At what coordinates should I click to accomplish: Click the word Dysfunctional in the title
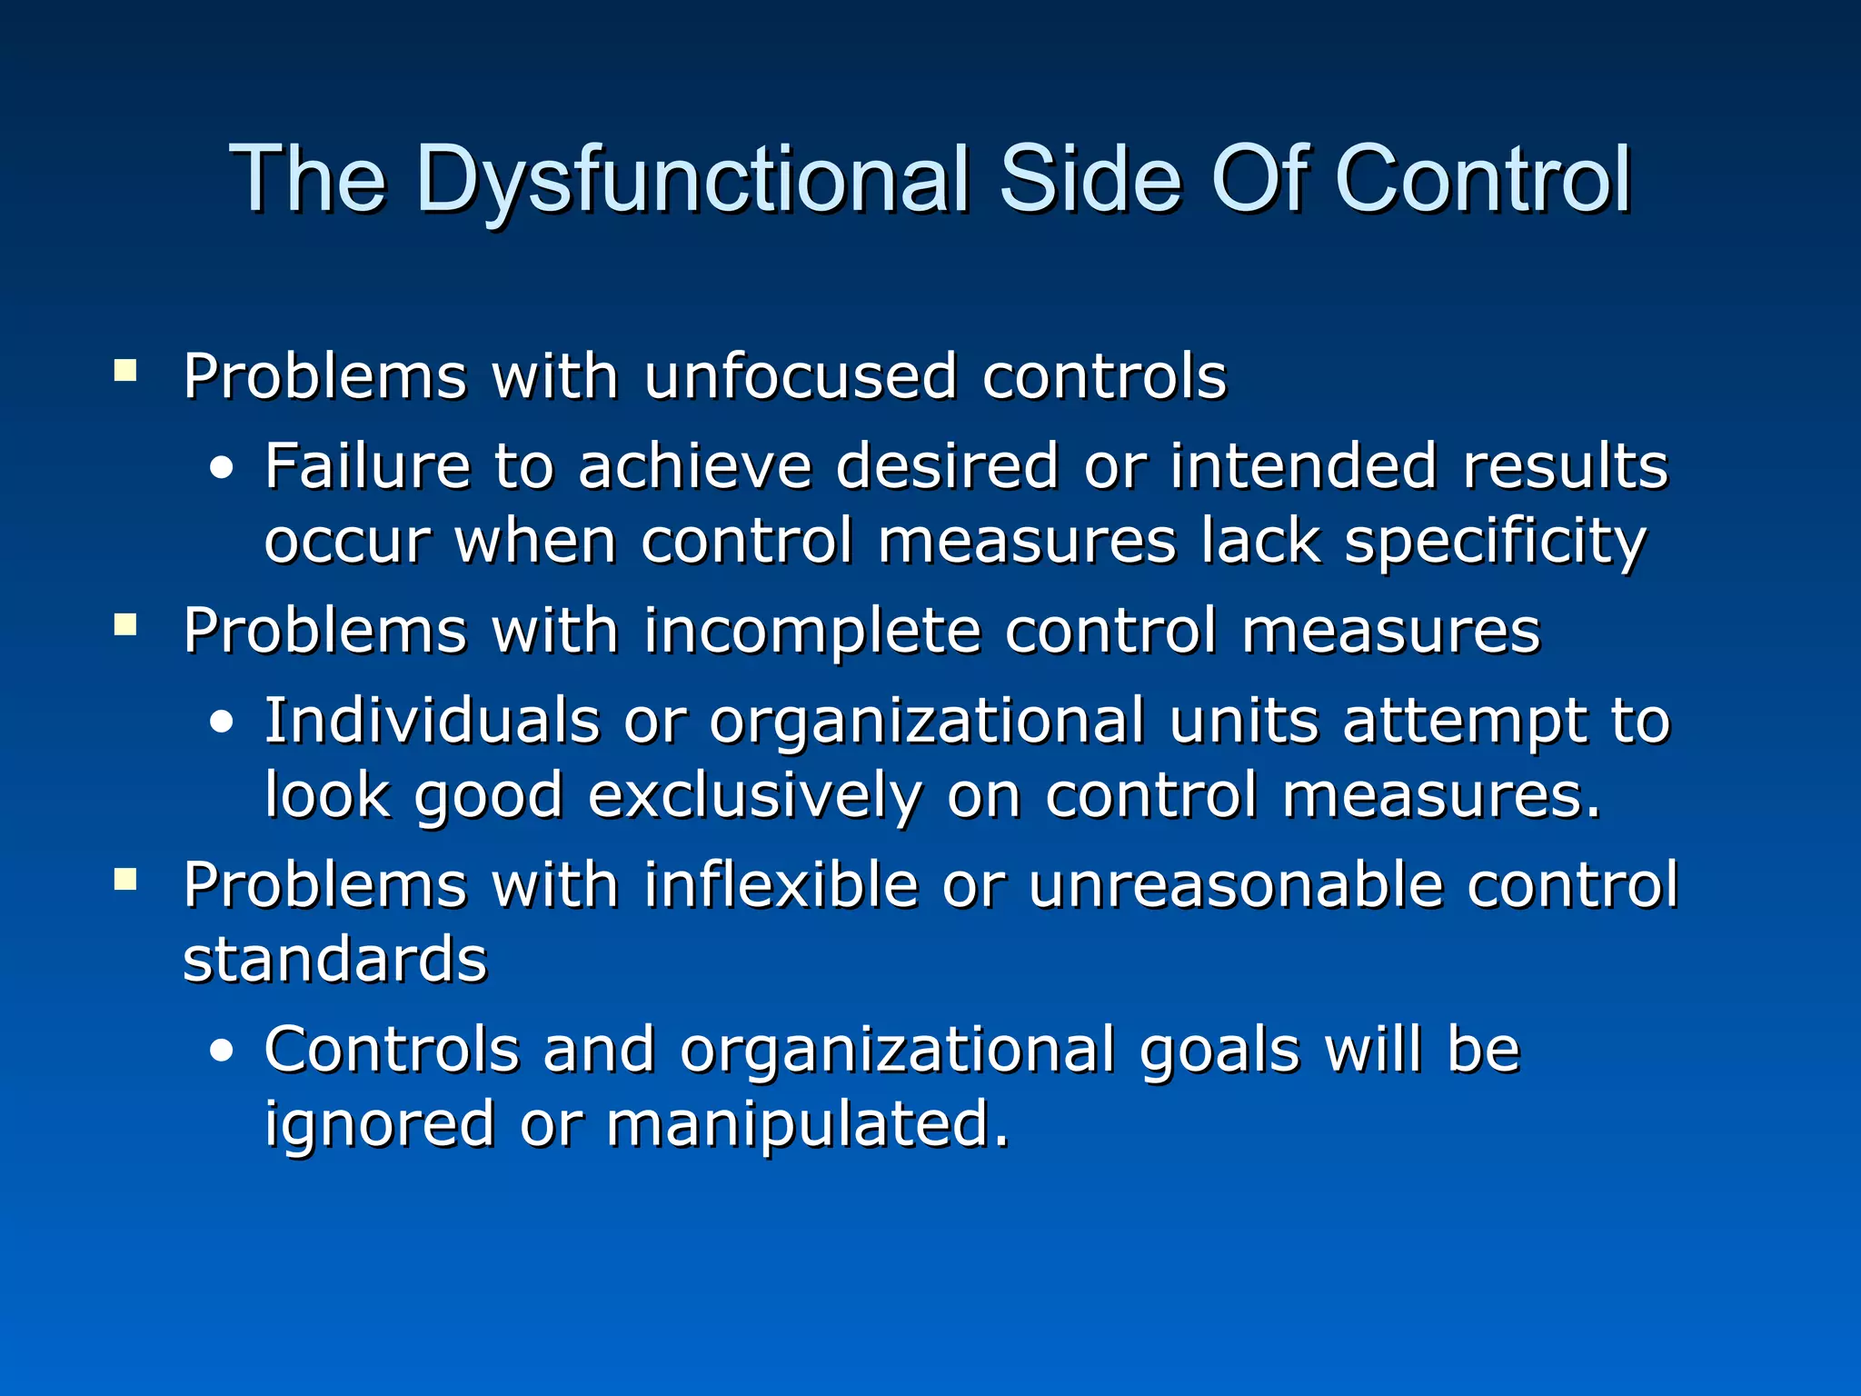click(692, 179)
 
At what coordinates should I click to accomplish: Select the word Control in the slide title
click(1482, 179)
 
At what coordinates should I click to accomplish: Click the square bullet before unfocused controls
click(125, 370)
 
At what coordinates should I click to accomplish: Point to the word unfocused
click(800, 376)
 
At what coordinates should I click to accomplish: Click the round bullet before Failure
click(221, 469)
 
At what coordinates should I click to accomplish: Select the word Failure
click(367, 466)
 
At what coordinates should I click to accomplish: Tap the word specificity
click(1495, 543)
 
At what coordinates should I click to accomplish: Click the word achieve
click(694, 466)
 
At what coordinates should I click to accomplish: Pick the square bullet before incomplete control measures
click(125, 624)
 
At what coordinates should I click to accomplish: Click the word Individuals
click(432, 721)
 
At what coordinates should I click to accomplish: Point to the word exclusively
click(754, 797)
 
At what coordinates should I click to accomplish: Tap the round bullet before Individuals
click(221, 723)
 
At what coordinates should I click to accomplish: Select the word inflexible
click(781, 885)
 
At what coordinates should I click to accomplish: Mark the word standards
click(335, 960)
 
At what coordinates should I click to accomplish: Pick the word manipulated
click(807, 1125)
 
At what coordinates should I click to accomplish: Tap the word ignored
click(379, 1125)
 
